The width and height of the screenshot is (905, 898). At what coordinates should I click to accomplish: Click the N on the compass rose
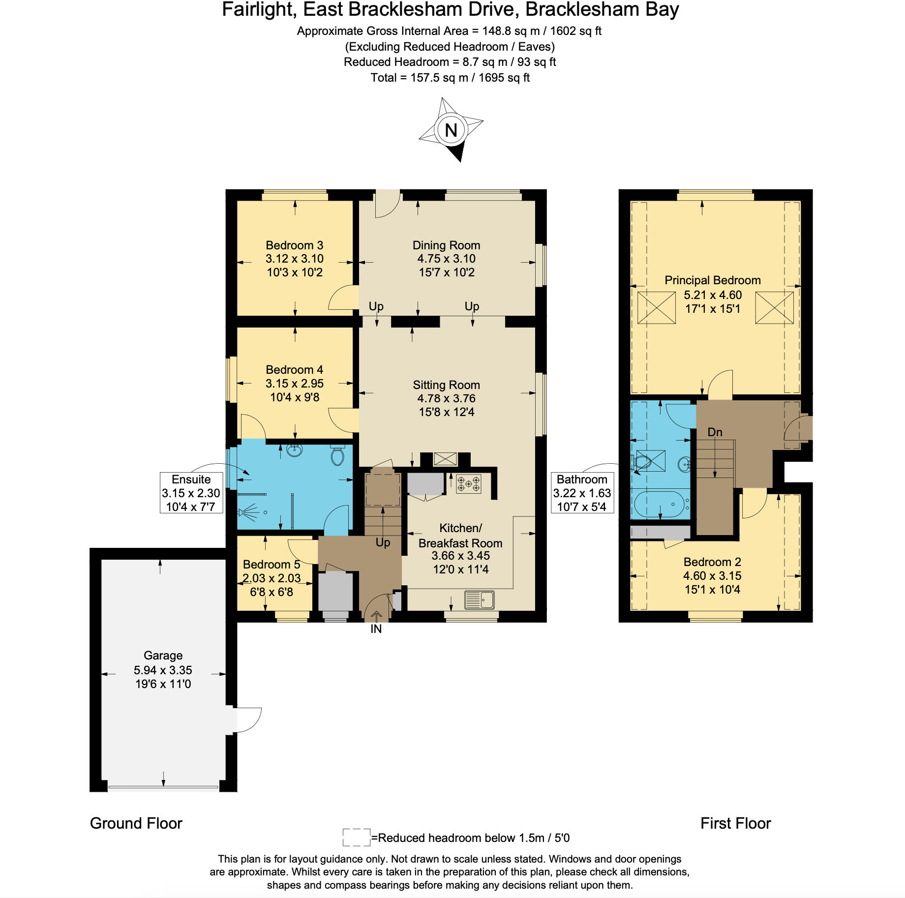point(451,130)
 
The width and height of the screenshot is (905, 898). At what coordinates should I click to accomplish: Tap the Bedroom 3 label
point(295,245)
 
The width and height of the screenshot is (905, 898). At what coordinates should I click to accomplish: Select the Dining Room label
point(446,245)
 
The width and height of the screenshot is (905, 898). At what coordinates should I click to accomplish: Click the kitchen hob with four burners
point(468,483)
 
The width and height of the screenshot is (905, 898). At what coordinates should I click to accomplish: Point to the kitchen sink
point(480,600)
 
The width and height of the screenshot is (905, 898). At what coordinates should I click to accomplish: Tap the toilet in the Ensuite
point(337,455)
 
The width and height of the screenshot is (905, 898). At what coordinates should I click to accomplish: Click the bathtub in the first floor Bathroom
point(661,504)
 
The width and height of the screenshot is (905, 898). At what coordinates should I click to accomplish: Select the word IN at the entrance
point(376,629)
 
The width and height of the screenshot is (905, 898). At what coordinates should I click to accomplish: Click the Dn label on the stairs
point(715,432)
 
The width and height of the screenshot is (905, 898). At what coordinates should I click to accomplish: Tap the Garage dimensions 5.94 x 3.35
point(163,670)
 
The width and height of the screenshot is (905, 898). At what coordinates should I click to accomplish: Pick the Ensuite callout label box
point(191,493)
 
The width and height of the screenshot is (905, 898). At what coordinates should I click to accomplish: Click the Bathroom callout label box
point(582,493)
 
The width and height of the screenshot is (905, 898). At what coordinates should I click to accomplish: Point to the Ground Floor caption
point(136,823)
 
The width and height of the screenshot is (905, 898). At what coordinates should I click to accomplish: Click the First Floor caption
point(735,823)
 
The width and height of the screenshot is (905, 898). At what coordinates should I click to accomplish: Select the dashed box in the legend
point(357,838)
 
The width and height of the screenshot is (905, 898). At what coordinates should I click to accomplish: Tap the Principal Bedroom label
point(713,280)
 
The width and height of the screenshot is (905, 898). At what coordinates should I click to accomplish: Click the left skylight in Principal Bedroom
point(657,308)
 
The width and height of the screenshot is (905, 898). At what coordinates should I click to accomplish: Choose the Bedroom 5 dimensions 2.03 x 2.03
point(271,578)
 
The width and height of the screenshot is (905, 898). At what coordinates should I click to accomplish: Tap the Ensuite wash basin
point(295,450)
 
